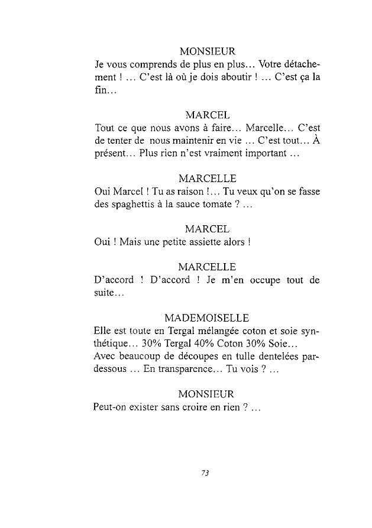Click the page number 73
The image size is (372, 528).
tap(206, 472)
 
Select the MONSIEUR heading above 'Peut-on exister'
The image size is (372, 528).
tap(206, 394)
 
